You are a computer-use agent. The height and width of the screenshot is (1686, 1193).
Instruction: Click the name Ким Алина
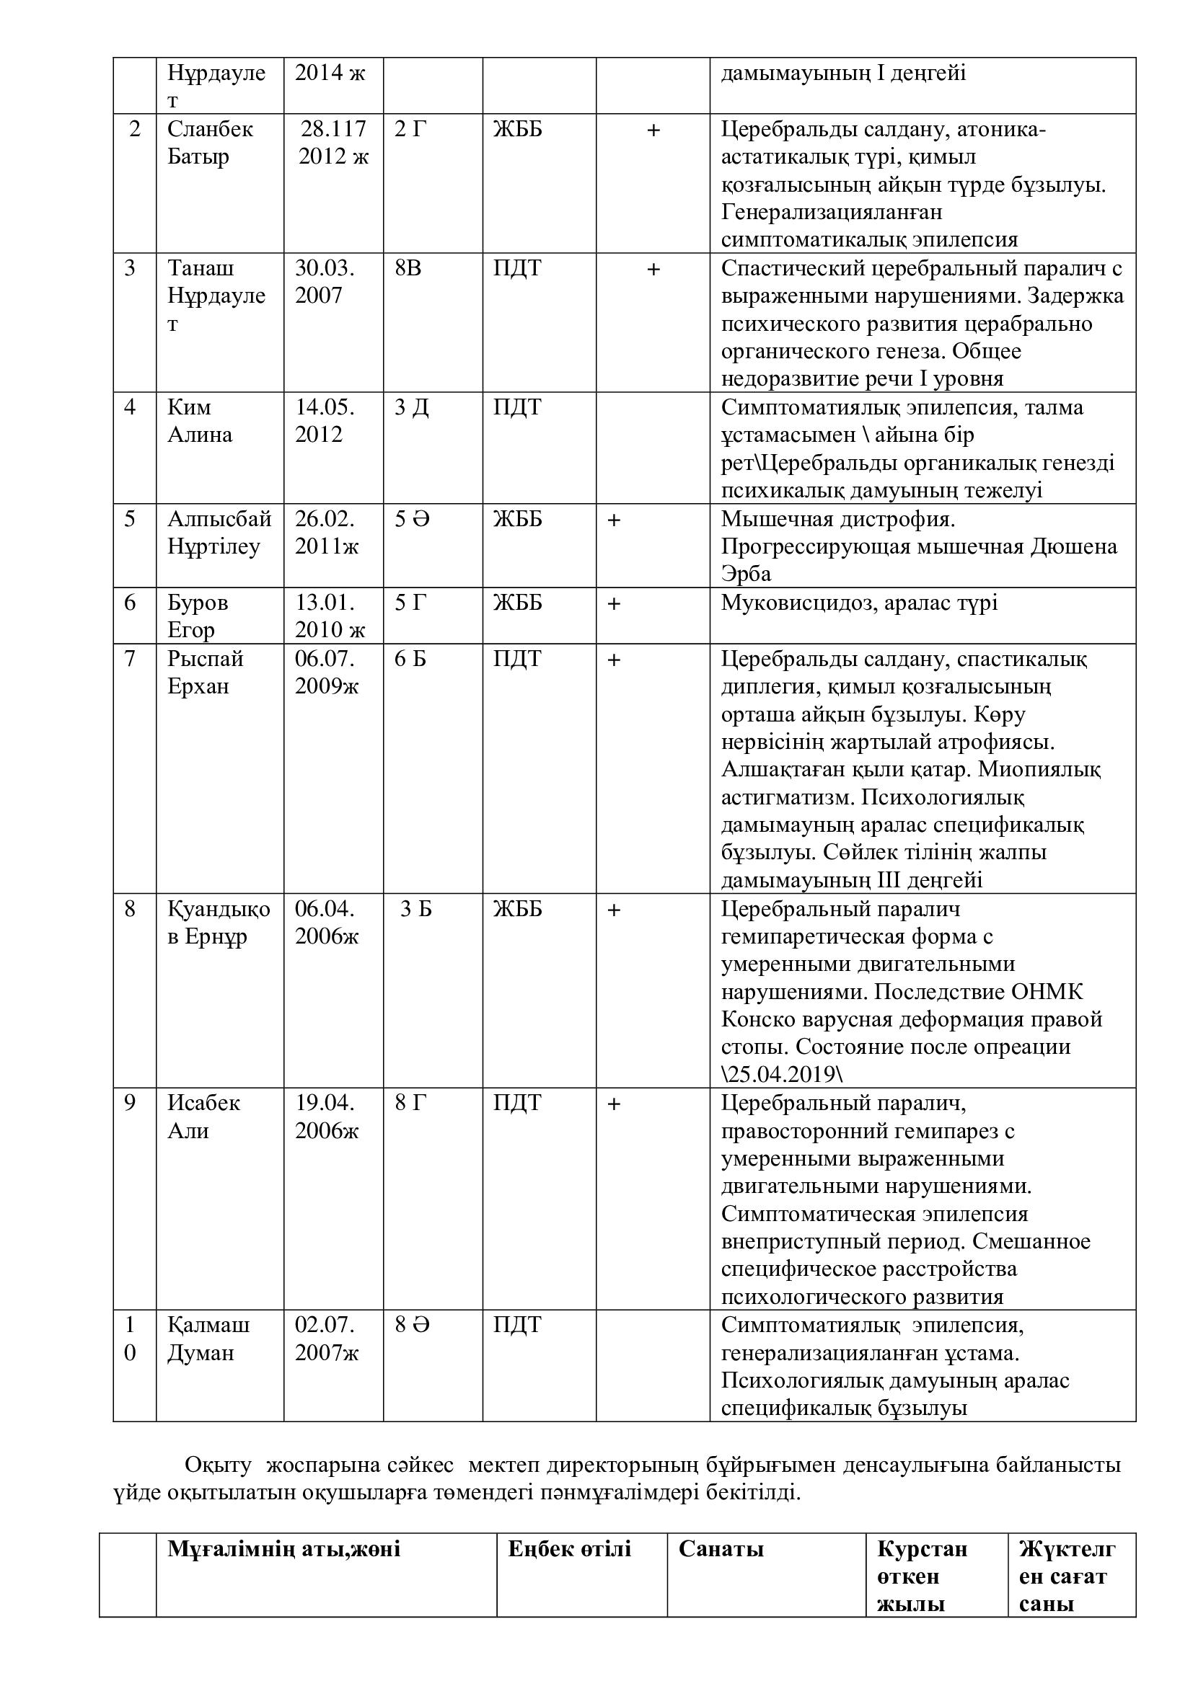coord(199,421)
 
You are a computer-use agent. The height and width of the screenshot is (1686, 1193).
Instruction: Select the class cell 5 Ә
coord(411,519)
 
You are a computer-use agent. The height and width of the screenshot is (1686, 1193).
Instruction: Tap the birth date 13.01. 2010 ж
coord(330,616)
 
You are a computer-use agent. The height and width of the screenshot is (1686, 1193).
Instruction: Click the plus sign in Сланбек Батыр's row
coord(653,130)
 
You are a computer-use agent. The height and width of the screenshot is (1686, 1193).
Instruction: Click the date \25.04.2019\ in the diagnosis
coord(782,1074)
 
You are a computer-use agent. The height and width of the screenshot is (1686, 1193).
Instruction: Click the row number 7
coord(130,659)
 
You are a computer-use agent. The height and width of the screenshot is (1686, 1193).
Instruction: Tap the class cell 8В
coord(408,268)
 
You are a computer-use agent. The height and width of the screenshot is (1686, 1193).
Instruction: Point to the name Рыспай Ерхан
coord(205,672)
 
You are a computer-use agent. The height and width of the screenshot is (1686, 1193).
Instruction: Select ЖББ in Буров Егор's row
coord(517,603)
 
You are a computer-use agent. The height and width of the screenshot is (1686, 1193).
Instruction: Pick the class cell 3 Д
coord(411,407)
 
